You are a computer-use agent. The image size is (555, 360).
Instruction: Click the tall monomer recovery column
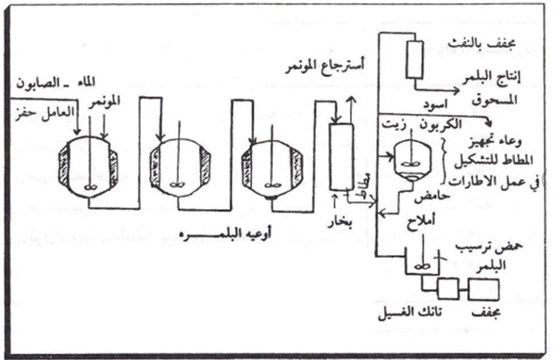click(x=338, y=153)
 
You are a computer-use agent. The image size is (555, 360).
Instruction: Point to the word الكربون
click(x=463, y=125)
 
